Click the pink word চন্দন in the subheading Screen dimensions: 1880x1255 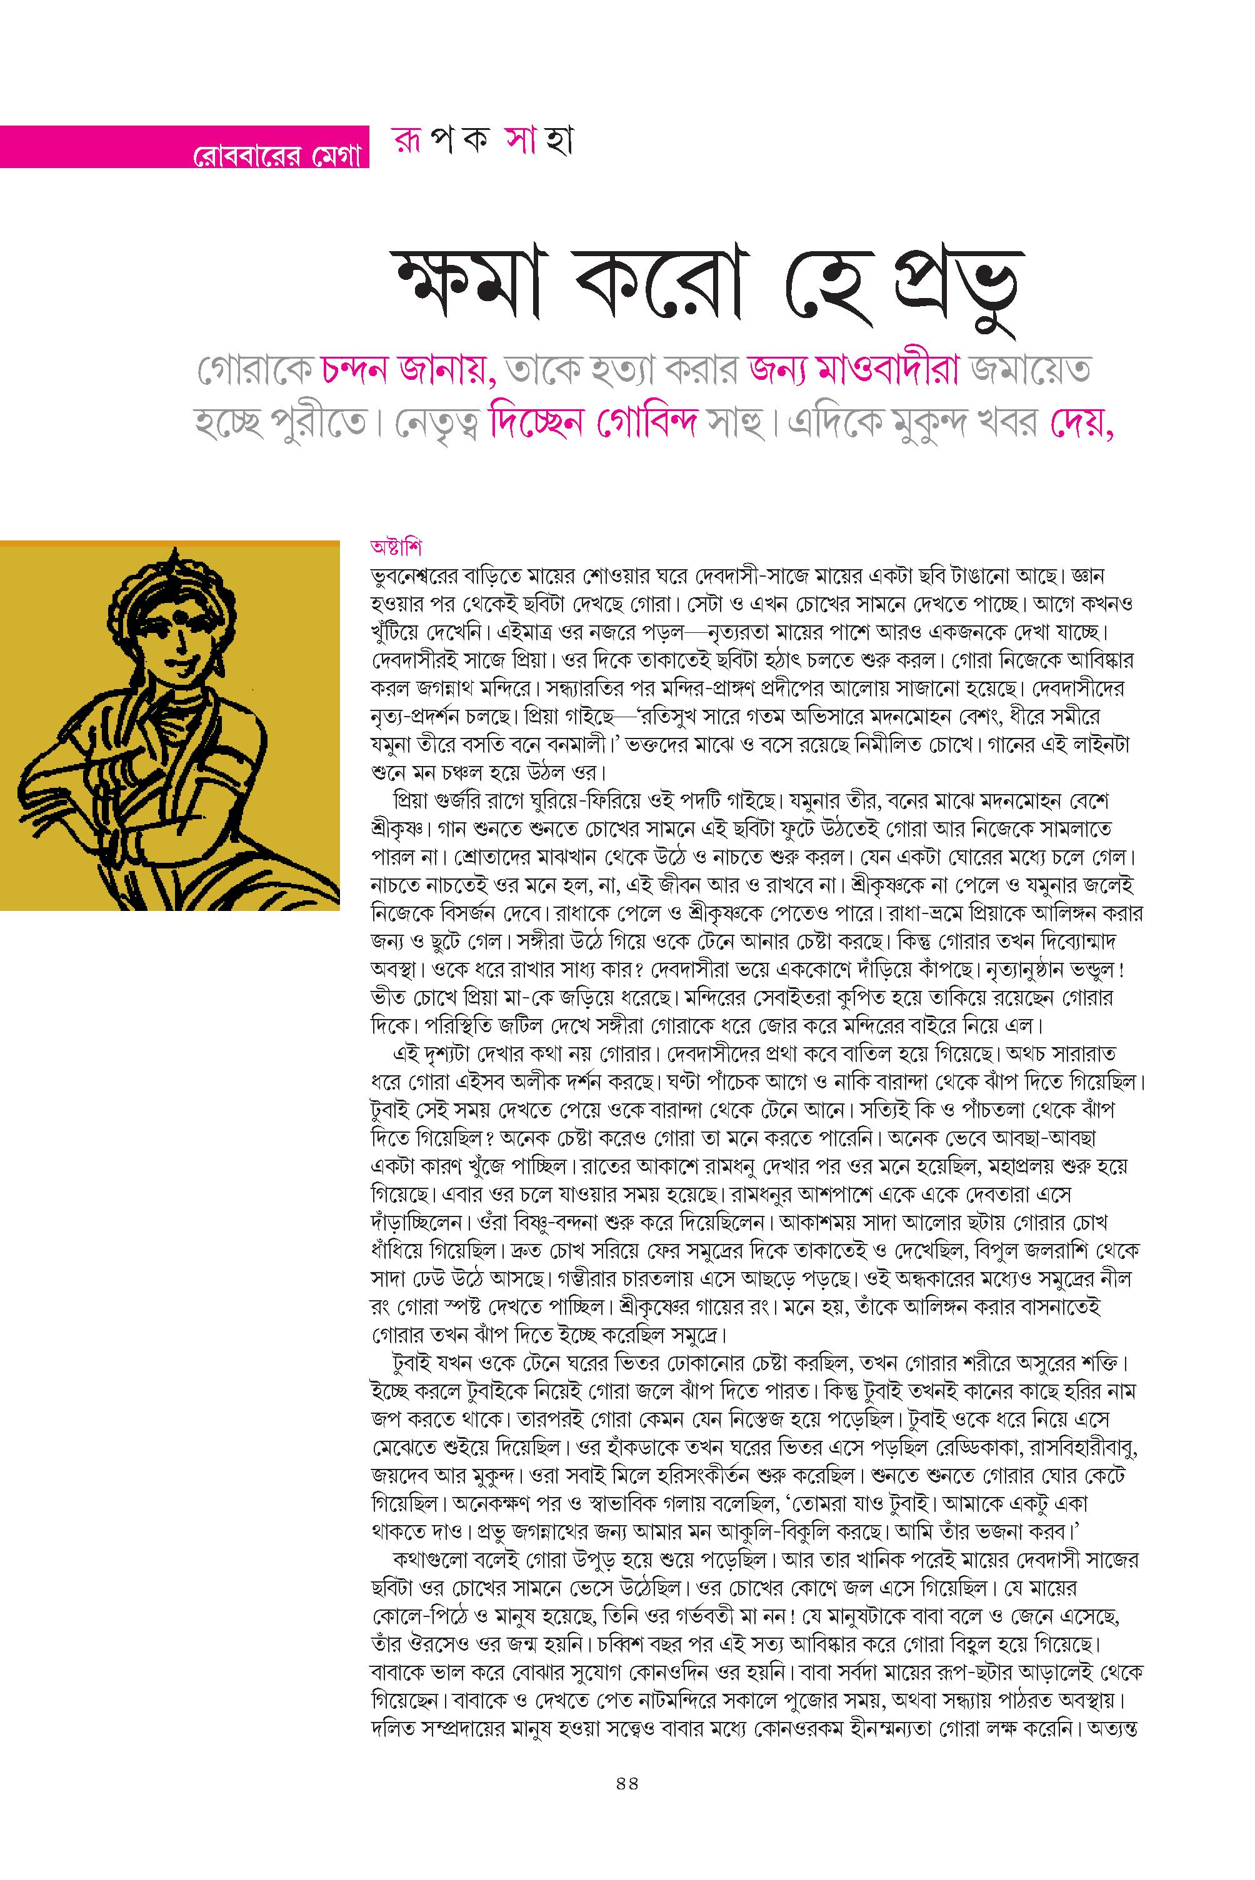click(356, 370)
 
